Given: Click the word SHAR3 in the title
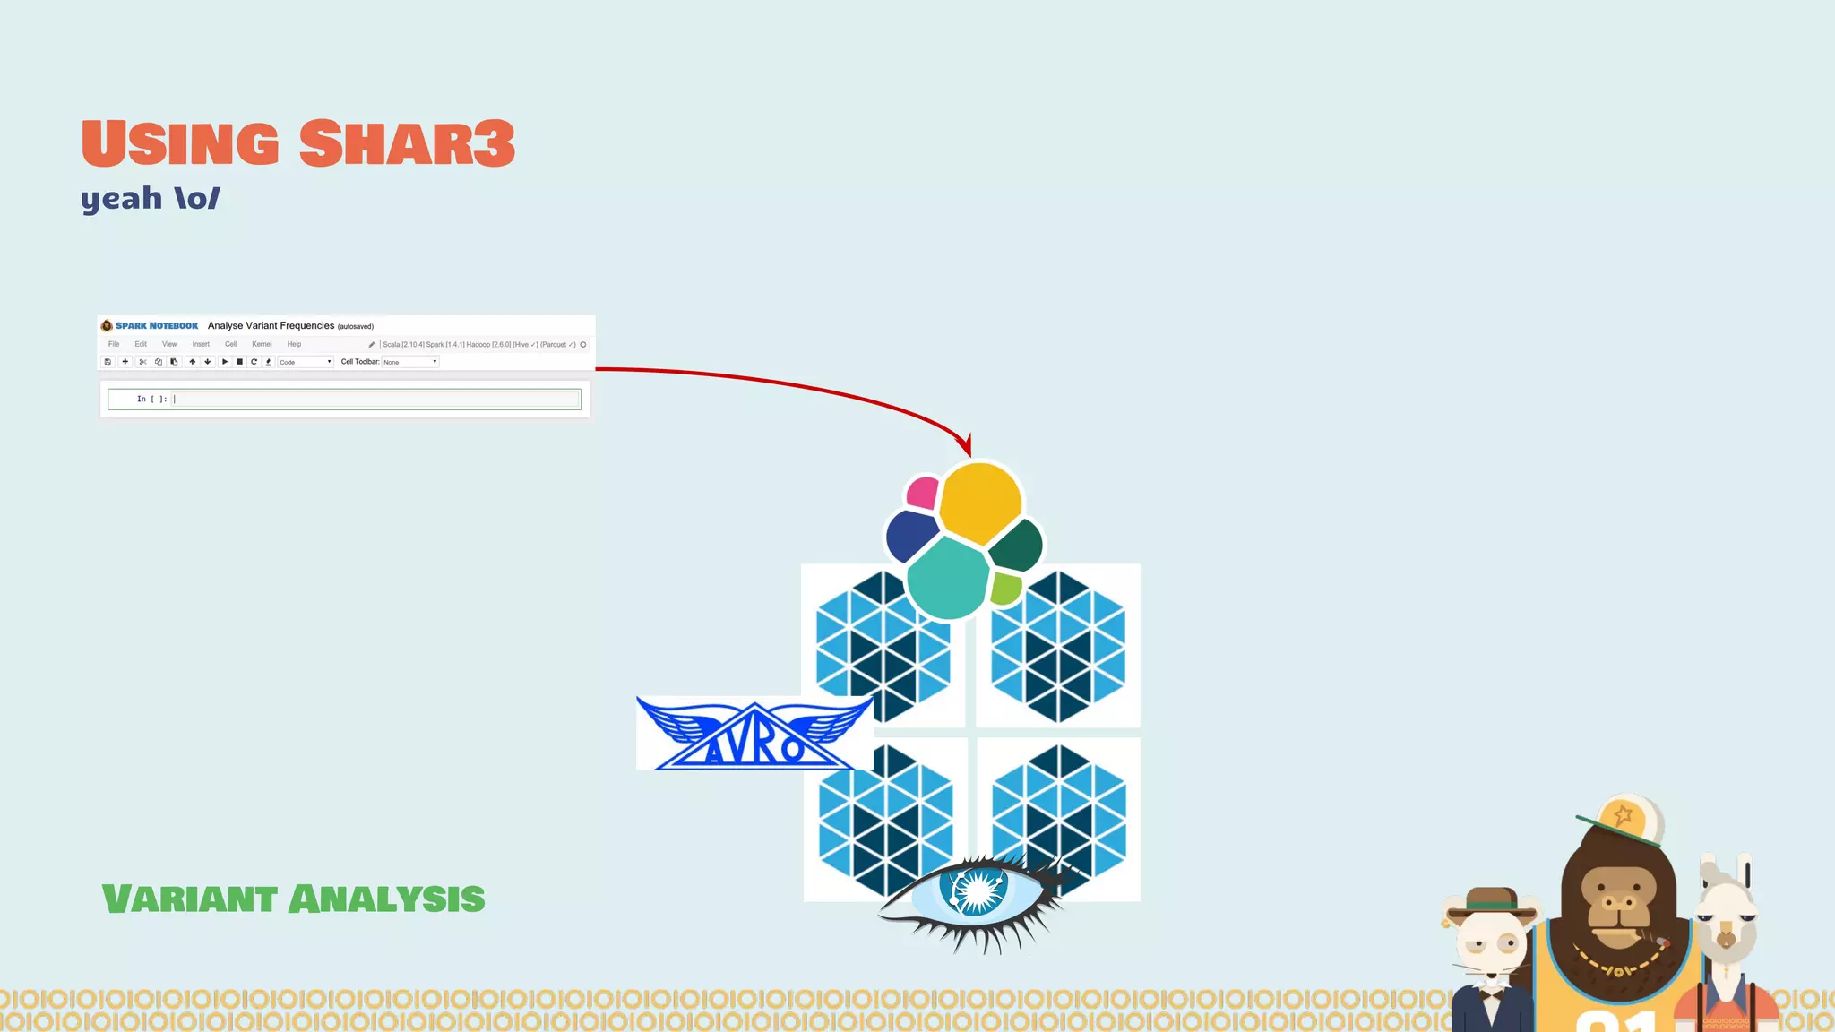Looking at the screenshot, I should (407, 143).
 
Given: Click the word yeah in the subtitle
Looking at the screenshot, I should (121, 198).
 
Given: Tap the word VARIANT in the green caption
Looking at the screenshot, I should (189, 899).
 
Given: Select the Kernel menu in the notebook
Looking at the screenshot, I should (262, 344).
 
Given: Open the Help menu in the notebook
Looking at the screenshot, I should (294, 344).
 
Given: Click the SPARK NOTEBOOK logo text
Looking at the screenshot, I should (157, 326).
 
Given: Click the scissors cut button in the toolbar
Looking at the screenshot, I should (142, 362).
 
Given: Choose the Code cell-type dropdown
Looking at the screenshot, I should (305, 362).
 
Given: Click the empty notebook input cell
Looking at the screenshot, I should (376, 400).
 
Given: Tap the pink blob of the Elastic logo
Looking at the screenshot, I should (923, 493).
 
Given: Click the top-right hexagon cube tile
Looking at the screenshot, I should (1058, 646).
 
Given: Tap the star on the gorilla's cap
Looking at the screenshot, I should (1623, 816).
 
